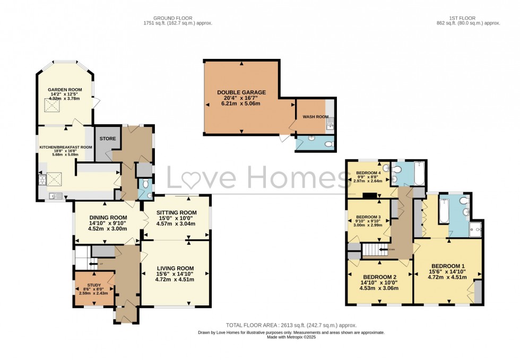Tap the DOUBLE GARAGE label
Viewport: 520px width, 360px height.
(x=241, y=92)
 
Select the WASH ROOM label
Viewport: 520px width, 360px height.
(x=312, y=116)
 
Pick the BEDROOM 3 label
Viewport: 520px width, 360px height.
(x=368, y=217)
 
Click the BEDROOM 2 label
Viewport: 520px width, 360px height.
(x=380, y=277)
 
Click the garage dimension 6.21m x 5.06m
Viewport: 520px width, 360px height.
(x=241, y=105)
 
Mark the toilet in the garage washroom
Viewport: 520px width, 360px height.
(x=328, y=144)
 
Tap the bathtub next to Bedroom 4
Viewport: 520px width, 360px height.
(x=418, y=174)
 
